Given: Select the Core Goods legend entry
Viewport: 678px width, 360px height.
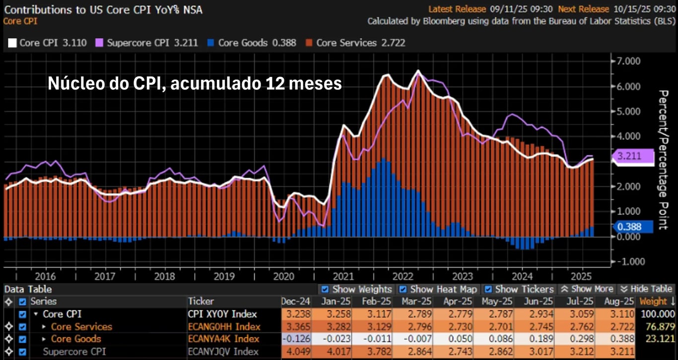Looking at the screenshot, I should click(251, 43).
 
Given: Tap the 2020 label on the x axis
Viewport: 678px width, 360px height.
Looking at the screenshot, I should click(283, 276).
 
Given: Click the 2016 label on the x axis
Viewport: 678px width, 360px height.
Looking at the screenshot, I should click(45, 276).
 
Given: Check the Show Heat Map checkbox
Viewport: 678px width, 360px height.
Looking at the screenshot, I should click(403, 289).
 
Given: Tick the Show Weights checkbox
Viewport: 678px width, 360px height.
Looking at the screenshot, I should click(325, 289).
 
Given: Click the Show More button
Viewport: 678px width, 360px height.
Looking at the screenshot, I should click(587, 289).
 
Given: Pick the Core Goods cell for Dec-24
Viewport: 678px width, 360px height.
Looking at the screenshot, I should click(296, 339).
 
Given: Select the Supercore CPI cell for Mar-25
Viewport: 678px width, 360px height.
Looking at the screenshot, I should click(410, 351).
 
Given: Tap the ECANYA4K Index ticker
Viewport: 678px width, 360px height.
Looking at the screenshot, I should click(223, 339).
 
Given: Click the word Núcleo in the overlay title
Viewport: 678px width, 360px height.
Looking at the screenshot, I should click(75, 84).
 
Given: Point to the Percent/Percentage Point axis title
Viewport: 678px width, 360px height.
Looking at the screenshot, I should click(663, 159).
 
